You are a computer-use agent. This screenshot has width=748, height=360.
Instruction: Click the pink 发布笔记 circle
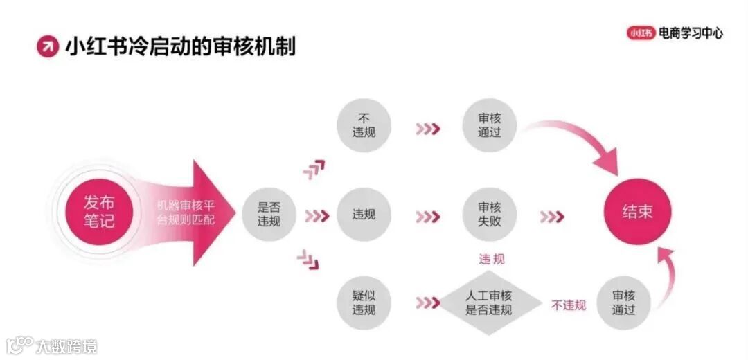99,213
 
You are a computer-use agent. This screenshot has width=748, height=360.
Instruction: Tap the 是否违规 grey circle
269,214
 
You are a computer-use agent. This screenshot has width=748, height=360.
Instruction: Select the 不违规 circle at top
364,125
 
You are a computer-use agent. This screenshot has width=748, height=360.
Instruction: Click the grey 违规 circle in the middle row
364,214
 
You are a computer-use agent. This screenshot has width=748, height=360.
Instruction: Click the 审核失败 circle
489,214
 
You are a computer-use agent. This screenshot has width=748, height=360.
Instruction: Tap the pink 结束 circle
637,212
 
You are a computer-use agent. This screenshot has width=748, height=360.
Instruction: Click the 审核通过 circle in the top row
489,125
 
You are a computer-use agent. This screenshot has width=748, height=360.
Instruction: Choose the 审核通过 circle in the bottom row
623,303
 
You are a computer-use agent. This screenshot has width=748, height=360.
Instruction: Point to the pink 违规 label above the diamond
492,259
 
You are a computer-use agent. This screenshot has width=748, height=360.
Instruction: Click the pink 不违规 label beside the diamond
569,305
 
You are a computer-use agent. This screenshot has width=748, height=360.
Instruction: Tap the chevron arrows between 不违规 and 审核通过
427,128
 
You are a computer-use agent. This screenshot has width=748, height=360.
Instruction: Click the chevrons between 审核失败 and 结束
552,217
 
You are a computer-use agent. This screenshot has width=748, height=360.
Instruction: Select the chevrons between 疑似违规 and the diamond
427,303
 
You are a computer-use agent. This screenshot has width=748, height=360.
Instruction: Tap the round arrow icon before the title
48,46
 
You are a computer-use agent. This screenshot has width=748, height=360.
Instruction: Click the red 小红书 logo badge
641,33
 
